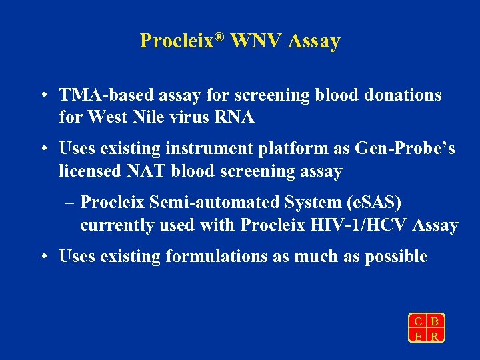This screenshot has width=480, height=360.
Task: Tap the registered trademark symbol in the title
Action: (223, 36)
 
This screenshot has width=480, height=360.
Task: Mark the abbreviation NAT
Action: (147, 171)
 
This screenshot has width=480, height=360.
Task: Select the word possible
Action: (396, 257)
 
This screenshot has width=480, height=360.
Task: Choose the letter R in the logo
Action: (435, 336)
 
